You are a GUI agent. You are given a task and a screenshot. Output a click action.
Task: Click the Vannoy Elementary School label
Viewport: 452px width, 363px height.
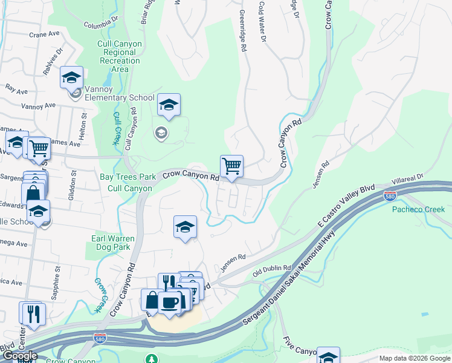point(120,97)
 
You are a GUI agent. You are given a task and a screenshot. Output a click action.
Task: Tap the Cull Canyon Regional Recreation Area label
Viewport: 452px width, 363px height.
point(120,56)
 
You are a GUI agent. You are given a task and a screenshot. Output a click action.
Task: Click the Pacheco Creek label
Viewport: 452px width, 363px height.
point(418,209)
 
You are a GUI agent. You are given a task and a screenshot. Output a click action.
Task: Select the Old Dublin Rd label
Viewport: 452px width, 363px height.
point(272,268)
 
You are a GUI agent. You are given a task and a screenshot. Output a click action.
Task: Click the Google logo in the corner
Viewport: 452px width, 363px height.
point(20,356)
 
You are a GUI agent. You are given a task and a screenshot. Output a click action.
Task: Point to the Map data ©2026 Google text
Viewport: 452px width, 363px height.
point(414,358)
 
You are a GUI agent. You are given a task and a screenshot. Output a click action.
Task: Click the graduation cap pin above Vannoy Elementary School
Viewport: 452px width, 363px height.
point(71,77)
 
